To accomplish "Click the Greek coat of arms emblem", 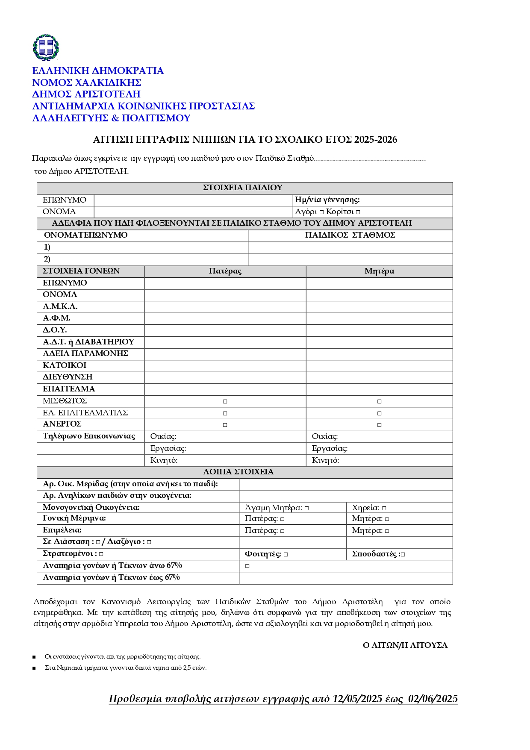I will pos(46,47).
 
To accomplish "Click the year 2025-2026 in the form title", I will pos(375,140).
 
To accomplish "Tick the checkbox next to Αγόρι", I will pos(322,212).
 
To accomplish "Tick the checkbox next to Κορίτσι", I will pos(358,212).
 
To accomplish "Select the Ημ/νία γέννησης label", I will pos(327,200).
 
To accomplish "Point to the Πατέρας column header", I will pos(225,271).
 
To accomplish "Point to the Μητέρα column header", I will pos(379,271).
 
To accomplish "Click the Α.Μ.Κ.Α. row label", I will pos(60,306).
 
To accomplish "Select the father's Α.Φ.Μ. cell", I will pos(225,318).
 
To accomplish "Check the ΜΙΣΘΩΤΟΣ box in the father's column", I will pos(225,401).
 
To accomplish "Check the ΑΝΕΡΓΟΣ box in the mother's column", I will pos(379,425).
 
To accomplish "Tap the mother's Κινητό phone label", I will pos(325,460).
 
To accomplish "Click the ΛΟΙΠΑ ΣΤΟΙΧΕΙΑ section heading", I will pos(238,472).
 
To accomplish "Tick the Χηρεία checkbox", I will pos(384,508).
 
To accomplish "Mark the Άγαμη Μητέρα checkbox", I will pos(307,508).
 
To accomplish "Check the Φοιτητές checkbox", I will pos(286,554).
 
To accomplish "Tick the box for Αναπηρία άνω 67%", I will pos(247,566).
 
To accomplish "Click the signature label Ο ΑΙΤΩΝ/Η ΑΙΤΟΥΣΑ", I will pos(405,645).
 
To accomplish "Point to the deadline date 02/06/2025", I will pos(433,699).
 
